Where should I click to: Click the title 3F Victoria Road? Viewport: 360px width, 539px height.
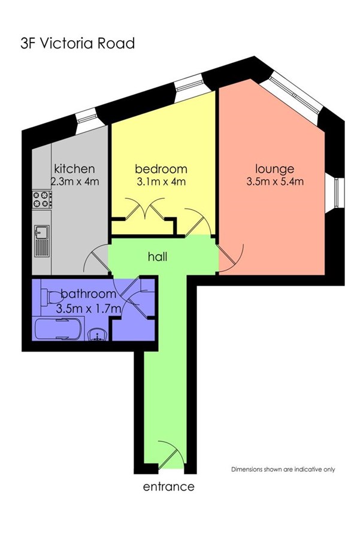(x=77, y=44)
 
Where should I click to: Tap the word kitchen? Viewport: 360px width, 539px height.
(x=75, y=169)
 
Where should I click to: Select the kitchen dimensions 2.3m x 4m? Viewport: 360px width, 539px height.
(x=75, y=181)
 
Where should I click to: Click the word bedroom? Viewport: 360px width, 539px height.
(x=161, y=169)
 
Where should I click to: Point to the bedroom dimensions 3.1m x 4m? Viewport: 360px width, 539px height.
(x=161, y=181)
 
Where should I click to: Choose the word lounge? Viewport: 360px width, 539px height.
(x=275, y=169)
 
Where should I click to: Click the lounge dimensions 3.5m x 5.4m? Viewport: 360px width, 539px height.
(x=275, y=181)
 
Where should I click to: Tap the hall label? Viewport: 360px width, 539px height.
(x=158, y=256)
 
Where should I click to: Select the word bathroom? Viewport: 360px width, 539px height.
(x=89, y=294)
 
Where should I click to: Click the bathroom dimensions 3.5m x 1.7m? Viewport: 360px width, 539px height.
(x=89, y=308)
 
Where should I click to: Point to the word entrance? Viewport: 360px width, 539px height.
(x=168, y=487)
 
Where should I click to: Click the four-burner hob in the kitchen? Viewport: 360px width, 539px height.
(x=43, y=199)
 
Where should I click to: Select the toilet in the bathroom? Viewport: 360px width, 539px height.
(x=51, y=296)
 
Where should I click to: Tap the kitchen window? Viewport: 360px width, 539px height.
(x=86, y=119)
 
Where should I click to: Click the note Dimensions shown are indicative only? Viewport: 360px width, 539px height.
(x=283, y=469)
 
